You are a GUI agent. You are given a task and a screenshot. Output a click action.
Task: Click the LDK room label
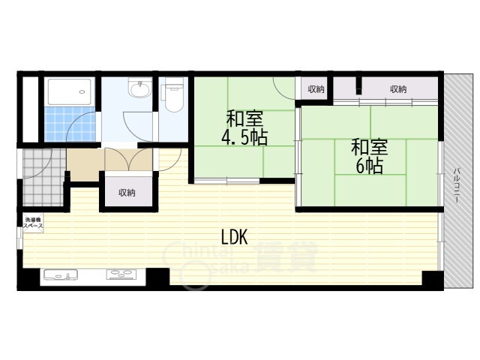[235, 237]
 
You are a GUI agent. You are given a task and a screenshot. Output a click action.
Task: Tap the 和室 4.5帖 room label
[244, 127]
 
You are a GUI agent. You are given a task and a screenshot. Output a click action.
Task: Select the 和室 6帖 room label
[370, 156]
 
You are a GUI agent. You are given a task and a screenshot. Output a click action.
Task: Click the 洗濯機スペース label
[33, 223]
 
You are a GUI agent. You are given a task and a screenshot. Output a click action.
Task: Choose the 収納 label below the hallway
[127, 193]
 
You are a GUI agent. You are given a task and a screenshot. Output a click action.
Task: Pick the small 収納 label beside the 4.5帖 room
[316, 89]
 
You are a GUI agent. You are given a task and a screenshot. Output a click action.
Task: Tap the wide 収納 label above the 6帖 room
[398, 89]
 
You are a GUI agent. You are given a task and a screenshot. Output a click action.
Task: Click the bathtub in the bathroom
[70, 91]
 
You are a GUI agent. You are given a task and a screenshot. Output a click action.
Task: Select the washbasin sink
[140, 88]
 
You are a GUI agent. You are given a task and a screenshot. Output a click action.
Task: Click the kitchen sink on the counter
[61, 274]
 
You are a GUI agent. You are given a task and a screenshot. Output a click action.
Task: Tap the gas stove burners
[122, 274]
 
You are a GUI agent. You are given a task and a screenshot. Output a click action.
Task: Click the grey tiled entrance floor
[43, 177]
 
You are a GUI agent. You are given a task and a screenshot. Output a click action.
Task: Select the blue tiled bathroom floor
[70, 124]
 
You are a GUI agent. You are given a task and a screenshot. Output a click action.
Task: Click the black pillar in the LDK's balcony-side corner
[432, 278]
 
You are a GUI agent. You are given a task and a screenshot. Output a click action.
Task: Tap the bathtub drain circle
[82, 91]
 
